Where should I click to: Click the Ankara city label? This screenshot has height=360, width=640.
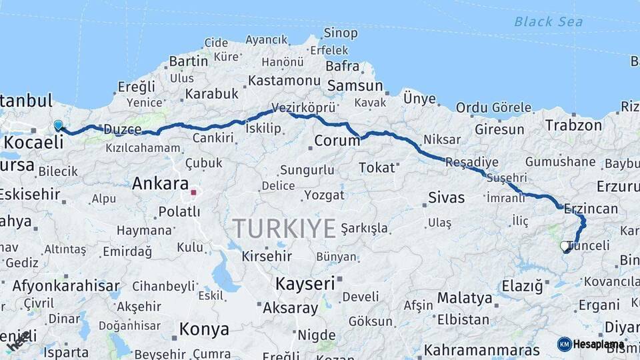[x=160, y=183]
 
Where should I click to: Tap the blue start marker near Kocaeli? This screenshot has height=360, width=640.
[x=58, y=125]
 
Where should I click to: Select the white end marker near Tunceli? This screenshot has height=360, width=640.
[x=565, y=246]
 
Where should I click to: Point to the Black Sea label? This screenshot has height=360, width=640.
[x=548, y=22]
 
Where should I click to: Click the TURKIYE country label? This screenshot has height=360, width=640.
[x=284, y=229]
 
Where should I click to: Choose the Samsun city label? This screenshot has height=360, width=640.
[x=354, y=86]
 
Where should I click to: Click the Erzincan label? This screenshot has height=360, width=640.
[x=591, y=208]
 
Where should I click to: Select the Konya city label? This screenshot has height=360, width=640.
[x=204, y=329]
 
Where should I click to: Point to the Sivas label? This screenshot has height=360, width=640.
[x=446, y=197]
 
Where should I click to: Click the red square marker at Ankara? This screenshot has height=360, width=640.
[x=193, y=193]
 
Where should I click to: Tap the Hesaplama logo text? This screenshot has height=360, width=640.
[x=599, y=344]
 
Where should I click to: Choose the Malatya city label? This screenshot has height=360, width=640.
[x=465, y=297]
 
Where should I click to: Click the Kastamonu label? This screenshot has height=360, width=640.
[x=284, y=81]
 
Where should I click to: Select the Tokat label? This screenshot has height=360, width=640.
[x=377, y=167]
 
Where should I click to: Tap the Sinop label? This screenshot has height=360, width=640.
[x=340, y=33]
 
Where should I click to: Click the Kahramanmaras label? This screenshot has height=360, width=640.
[x=482, y=350]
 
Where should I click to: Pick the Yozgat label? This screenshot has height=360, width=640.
[x=325, y=195]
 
